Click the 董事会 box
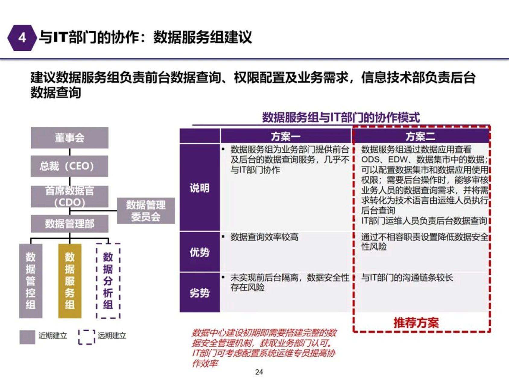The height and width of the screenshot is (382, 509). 70,138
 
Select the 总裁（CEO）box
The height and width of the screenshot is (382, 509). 69,166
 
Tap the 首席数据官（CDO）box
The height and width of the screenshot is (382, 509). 70,196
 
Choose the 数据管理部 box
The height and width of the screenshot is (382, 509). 70,224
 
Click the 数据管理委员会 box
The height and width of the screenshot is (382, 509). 146,211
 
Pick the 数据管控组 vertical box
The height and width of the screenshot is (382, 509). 30,281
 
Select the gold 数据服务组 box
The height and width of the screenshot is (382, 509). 70,281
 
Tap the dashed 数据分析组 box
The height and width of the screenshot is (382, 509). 108,281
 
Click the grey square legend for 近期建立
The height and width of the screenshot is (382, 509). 27,337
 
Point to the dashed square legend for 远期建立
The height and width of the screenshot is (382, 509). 87,337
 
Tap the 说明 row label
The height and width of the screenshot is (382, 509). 200,188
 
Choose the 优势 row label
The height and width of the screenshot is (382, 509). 200,252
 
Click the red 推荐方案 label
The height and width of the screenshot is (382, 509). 416,323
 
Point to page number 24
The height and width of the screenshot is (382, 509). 259,372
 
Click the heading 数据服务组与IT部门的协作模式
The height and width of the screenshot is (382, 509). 341,117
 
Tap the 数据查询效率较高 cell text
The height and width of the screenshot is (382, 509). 264,237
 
